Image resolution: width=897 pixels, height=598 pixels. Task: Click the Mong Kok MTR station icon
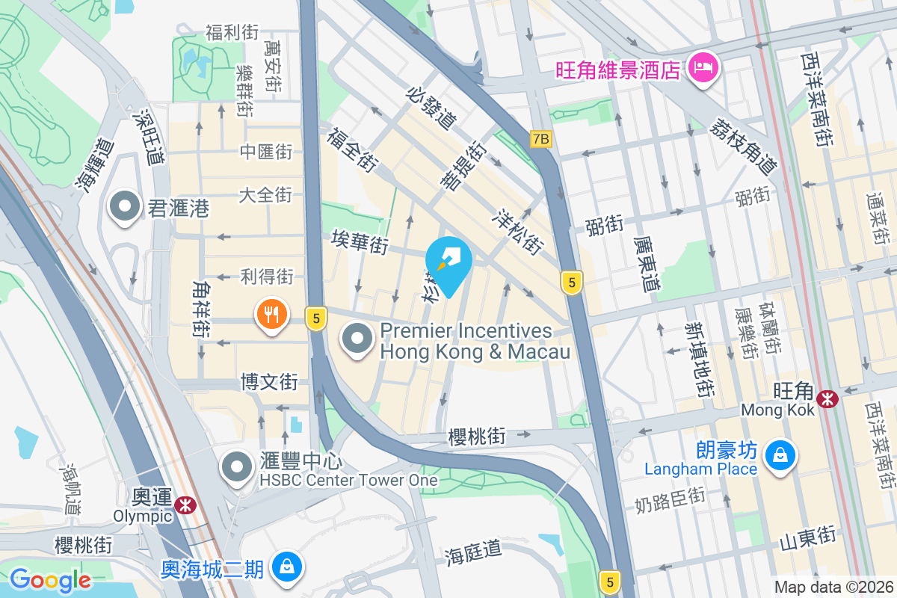(827, 399)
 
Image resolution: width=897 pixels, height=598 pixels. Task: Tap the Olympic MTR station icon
(185, 506)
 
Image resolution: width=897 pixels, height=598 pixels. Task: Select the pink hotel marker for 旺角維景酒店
(704, 69)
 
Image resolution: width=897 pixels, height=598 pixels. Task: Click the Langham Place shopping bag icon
(780, 454)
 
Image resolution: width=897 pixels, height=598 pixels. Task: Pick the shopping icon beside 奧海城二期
(286, 567)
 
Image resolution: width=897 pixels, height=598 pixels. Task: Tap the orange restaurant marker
(271, 315)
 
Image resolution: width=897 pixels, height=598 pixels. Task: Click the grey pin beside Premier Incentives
(358, 339)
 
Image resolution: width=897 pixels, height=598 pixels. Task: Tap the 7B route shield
(540, 139)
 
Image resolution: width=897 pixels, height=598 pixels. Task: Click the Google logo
(50, 580)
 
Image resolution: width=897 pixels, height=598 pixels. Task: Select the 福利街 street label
(232, 33)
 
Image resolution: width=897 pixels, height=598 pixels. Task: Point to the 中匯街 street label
(265, 152)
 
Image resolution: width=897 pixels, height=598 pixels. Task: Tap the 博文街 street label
(269, 382)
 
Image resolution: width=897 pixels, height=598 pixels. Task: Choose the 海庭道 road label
(474, 552)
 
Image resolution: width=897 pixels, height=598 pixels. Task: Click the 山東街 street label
(807, 536)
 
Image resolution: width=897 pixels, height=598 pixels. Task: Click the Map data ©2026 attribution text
(833, 587)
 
